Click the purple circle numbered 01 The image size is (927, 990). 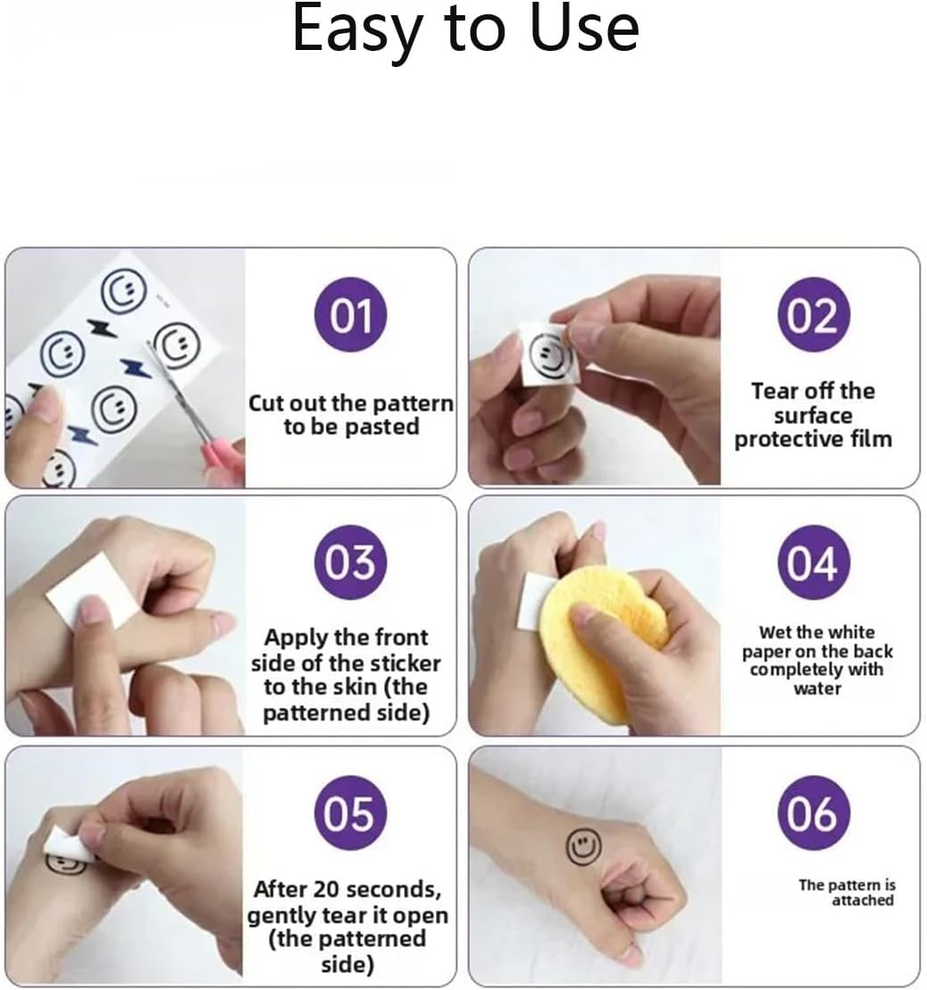point(350,314)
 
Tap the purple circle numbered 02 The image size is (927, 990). point(814,314)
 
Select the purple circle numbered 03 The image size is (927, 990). point(350,562)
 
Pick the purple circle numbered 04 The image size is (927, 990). point(814,562)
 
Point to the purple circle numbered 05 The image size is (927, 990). point(350,812)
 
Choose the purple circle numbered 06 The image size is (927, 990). point(814,812)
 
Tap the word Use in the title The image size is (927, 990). point(584,29)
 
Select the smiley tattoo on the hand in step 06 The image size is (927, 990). point(582,846)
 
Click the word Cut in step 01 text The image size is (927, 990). point(266,403)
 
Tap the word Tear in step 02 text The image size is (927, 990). point(774,391)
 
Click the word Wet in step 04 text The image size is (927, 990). point(772,632)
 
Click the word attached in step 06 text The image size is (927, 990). point(863,901)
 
